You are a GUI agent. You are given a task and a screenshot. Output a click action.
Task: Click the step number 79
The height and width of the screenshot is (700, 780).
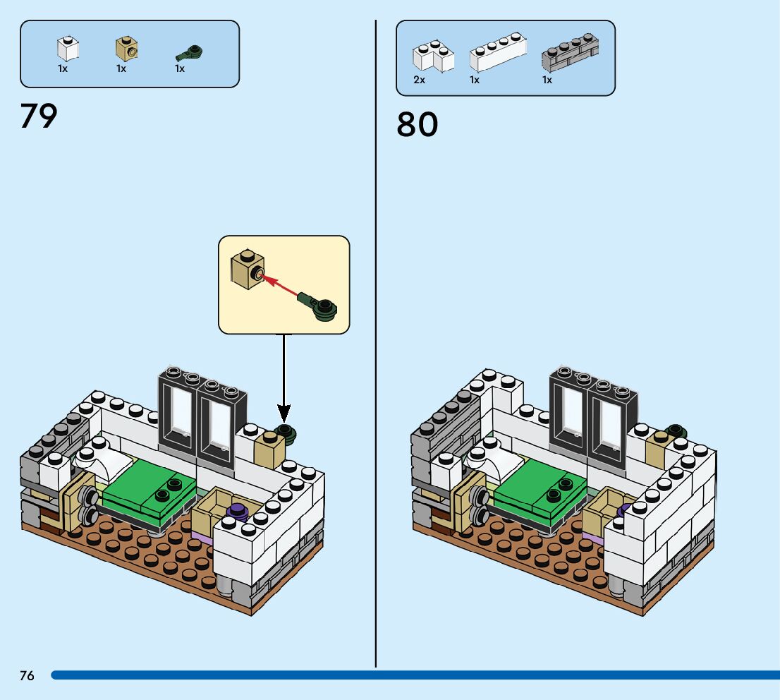pos(39,116)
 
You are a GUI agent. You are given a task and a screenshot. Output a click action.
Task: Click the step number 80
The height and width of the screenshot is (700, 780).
pos(417,124)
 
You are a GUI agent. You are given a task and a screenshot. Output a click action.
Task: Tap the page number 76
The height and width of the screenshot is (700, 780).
pos(27,675)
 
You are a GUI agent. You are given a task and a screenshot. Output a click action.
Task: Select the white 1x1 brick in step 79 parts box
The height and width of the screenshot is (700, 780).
pos(68,49)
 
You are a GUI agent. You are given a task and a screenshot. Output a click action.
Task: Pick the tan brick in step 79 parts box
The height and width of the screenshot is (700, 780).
pos(126,49)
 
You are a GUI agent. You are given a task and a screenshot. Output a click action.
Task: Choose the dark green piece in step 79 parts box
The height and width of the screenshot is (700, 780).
pos(189,52)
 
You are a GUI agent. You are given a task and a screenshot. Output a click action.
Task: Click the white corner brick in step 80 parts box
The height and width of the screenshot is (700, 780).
pos(432,56)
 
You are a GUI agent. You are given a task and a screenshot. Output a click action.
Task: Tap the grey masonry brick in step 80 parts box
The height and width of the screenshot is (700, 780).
pos(570,53)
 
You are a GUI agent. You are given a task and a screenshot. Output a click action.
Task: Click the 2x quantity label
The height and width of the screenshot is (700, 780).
pos(420,80)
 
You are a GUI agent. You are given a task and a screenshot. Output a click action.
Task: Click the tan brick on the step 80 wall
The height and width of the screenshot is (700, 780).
pos(656,452)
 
